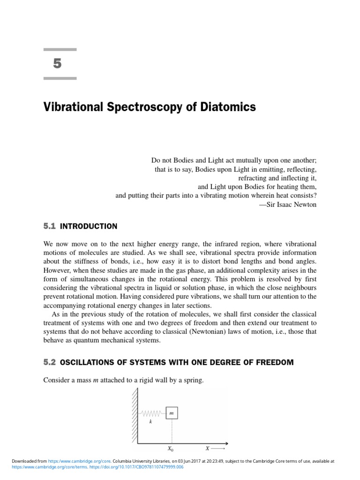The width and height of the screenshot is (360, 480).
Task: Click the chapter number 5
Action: pos(57,64)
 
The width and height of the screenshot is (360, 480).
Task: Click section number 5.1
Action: pos(49,226)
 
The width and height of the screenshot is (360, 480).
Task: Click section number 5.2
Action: pos(49,362)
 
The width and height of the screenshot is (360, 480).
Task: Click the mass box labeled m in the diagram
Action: pos(172,413)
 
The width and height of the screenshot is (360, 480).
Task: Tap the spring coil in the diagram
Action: pos(151,413)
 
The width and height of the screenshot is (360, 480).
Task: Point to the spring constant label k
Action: pos(150,422)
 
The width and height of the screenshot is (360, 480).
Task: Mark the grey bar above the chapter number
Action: pos(60,49)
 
